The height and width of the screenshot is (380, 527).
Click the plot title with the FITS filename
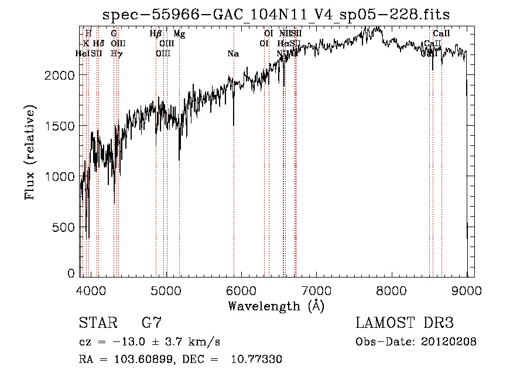pos(276,15)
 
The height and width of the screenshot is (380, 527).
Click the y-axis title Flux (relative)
pos(29,152)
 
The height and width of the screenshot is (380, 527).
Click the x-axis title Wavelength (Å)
pos(276,306)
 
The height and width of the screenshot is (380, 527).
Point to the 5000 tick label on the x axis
pos(166,291)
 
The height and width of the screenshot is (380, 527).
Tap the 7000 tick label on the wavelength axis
pos(316,291)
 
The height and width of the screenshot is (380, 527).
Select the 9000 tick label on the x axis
pos(467,291)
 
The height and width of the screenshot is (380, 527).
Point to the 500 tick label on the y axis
pos(66,227)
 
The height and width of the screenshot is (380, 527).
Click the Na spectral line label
pos(233,54)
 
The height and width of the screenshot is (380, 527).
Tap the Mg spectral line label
pos(179,34)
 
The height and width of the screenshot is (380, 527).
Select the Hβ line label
pos(155,34)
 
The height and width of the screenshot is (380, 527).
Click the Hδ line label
pos(98,43)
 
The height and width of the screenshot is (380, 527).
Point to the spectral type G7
pos(151,323)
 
